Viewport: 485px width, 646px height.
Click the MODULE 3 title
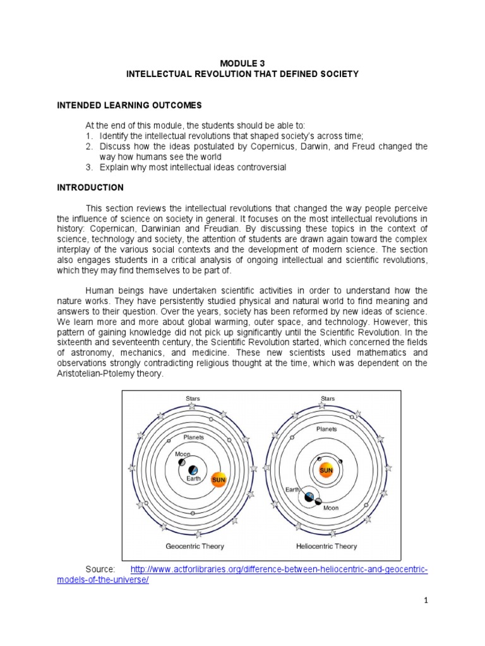click(x=242, y=63)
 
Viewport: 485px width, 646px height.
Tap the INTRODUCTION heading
click(x=90, y=187)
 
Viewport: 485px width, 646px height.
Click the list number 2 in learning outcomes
click(x=88, y=146)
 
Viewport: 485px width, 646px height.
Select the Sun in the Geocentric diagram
click(x=219, y=479)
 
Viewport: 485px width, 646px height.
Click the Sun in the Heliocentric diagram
click(x=326, y=471)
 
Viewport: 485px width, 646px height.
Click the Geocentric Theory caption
click(x=195, y=546)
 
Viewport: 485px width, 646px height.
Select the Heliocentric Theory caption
click(x=326, y=546)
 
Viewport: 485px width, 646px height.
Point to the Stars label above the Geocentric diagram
click(x=193, y=398)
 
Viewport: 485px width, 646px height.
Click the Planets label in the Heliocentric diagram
click(x=326, y=429)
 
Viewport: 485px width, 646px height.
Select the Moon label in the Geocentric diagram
click(x=183, y=454)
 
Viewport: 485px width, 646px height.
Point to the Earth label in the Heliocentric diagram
click(x=292, y=489)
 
